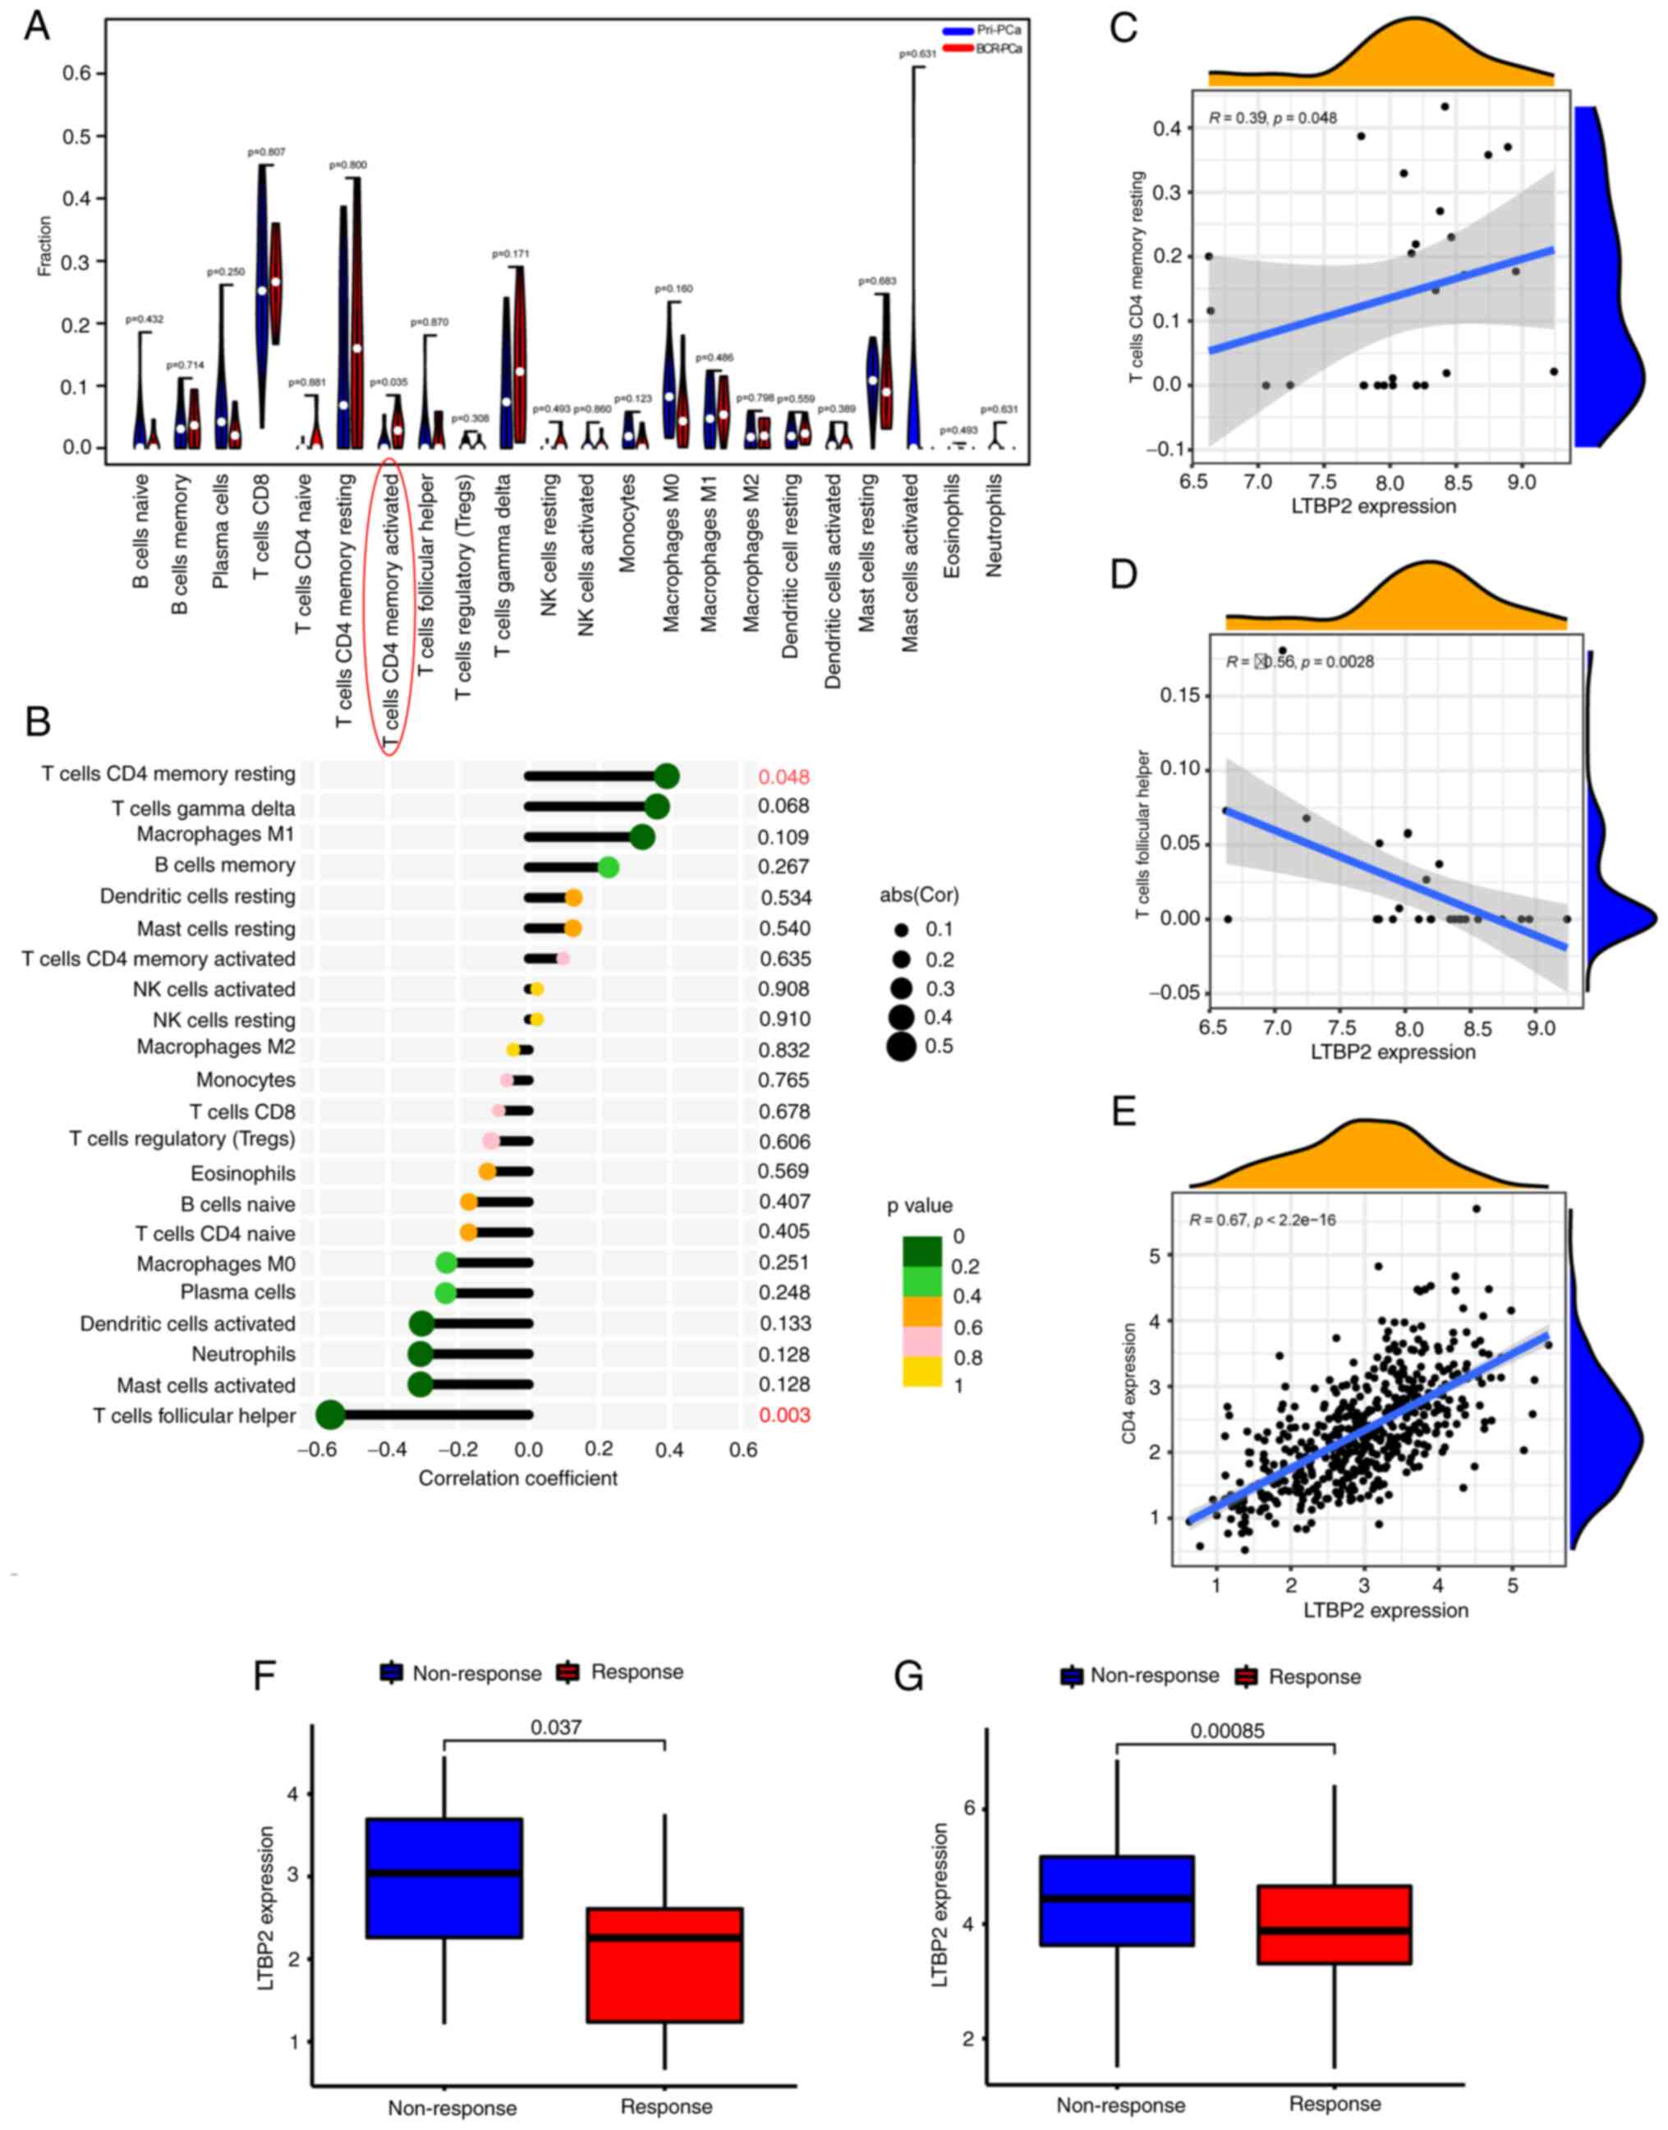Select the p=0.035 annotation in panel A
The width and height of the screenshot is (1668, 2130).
(389, 382)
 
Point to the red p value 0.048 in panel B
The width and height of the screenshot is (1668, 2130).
(784, 777)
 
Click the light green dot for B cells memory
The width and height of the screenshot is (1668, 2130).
(608, 867)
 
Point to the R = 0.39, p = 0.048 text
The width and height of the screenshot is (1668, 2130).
(1272, 118)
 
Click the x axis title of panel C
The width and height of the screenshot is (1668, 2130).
(1373, 506)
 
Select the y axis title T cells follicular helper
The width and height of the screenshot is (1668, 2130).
(1142, 836)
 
